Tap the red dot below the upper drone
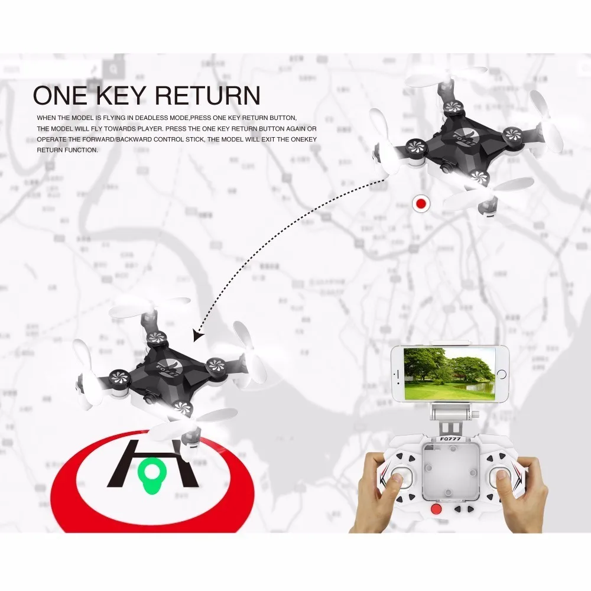click(x=421, y=204)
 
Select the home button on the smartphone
click(x=502, y=374)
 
